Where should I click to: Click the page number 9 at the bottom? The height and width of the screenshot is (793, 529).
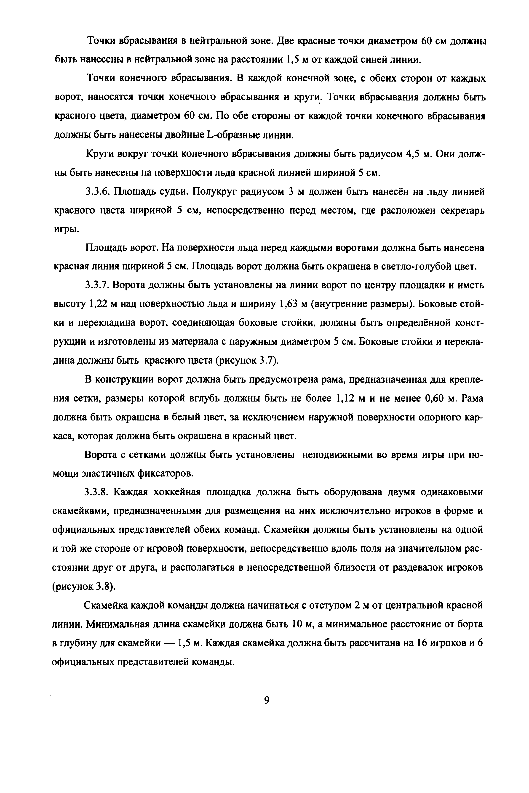click(267, 700)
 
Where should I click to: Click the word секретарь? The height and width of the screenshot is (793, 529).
click(460, 211)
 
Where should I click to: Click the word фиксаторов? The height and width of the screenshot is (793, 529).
click(166, 474)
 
